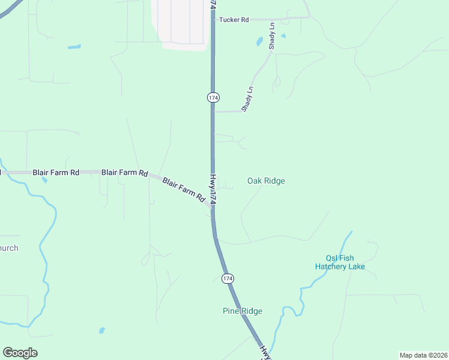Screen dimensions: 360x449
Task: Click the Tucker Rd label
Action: coord(234,20)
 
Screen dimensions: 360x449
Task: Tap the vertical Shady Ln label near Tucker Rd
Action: coord(272,36)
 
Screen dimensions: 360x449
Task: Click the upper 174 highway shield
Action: coord(213,97)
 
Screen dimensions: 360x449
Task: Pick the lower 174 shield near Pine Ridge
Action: coord(226,278)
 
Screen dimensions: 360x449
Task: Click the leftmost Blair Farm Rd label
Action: coord(56,172)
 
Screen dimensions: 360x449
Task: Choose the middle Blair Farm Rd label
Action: coord(125,172)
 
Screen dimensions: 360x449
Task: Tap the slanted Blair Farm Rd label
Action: coord(184,189)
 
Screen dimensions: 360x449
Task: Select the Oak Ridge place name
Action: coord(266,181)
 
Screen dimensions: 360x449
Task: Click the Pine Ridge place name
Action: coord(243,311)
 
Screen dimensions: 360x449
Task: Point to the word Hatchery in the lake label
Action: coord(331,266)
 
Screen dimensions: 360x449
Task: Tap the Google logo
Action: coord(20,353)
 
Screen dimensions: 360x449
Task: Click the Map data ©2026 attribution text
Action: coord(423,355)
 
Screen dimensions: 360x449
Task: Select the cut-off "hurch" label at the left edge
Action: coord(9,248)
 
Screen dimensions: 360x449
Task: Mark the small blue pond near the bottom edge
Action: coord(101,330)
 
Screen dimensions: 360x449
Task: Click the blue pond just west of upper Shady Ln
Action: coord(259,42)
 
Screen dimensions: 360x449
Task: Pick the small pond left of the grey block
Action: coord(74,46)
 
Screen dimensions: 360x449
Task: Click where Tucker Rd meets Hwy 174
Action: coord(214,19)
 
